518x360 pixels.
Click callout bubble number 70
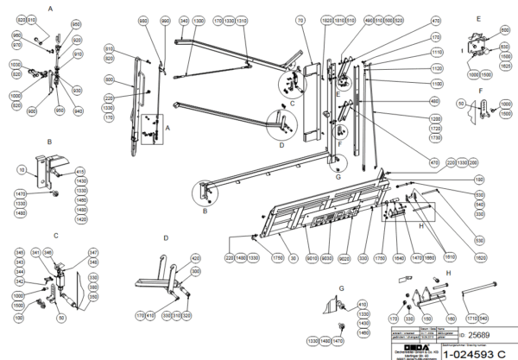pyautogui.click(x=300, y=18)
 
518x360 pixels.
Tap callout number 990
pyautogui.click(x=165, y=18)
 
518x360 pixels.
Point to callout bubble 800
pyautogui.click(x=110, y=79)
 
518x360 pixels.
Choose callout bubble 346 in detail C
pyautogui.click(x=49, y=251)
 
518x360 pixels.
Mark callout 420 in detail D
pyautogui.click(x=195, y=258)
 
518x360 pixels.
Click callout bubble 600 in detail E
pyautogui.click(x=504, y=30)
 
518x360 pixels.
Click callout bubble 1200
pyautogui.click(x=436, y=117)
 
